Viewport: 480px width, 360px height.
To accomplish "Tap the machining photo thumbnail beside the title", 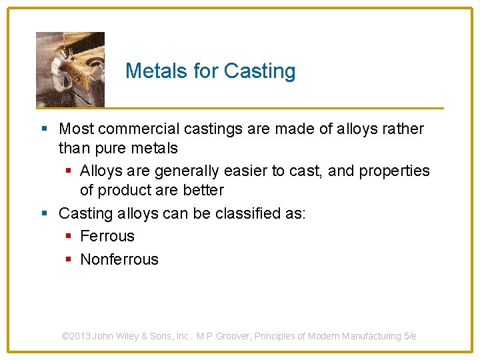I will click(70, 69).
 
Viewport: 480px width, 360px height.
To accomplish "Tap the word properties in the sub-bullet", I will click(393, 171).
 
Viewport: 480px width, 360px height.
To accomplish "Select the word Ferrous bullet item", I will click(107, 236).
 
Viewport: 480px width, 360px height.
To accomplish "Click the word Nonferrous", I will click(119, 259).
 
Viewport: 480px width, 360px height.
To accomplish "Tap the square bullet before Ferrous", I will click(69, 237).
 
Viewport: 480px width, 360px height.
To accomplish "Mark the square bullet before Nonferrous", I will click(69, 260).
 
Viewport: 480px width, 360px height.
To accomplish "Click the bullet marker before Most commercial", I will click(44, 129).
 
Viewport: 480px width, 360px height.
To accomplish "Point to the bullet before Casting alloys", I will click(44, 214).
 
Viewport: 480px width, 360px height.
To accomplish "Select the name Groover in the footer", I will click(237, 336).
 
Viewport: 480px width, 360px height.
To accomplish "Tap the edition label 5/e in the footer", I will click(410, 336).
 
